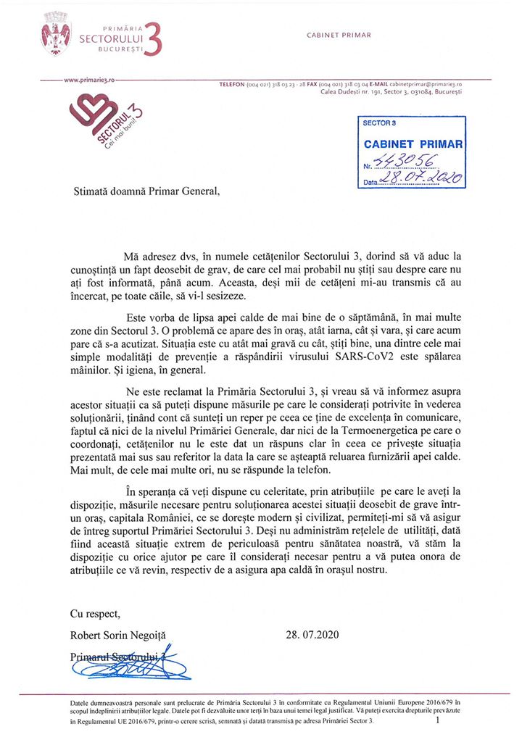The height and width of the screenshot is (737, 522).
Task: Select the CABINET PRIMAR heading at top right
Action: pos(339,35)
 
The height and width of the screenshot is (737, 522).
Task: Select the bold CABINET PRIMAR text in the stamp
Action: pos(413,144)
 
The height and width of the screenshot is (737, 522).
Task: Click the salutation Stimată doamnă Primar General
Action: pos(144,193)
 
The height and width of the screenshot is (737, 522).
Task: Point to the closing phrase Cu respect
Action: pos(95,613)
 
